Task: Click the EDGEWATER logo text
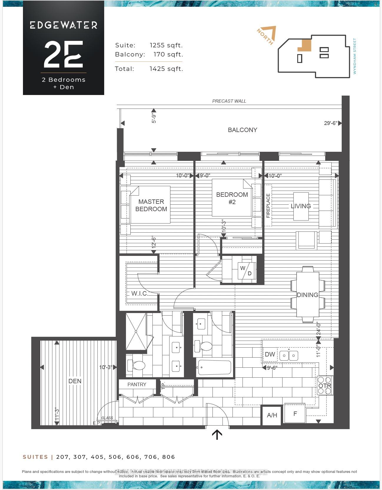pos(64,25)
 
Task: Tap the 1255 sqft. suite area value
pos(166,45)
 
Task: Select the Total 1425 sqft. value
pos(166,69)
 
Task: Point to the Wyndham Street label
pos(355,56)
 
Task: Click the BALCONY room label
pos(243,130)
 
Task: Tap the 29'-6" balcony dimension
pos(330,123)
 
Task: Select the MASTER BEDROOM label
pos(151,205)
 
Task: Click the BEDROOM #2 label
pos(232,198)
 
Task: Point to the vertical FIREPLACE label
pos(268,206)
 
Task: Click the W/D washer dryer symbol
pos(246,271)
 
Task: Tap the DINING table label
pos(307,295)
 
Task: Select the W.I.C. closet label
pos(139,294)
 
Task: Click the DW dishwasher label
pos(270,354)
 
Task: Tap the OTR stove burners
pos(325,386)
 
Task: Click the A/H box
pos(272,415)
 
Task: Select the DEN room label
pos(75,381)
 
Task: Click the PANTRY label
pos(137,384)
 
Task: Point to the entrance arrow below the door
pos(217,434)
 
